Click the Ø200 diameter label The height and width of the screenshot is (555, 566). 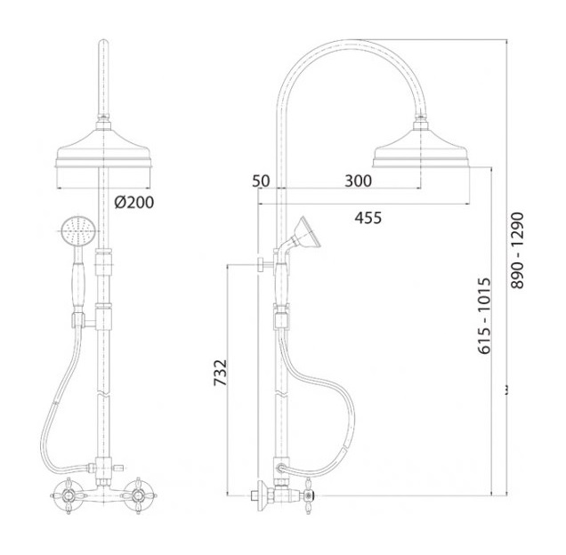[134, 203]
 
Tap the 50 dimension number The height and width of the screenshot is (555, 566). [261, 181]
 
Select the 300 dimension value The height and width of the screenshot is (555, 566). [358, 181]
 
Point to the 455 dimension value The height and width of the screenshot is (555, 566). [368, 218]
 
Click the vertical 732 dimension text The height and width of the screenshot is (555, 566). [220, 373]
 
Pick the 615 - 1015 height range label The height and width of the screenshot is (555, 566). [484, 316]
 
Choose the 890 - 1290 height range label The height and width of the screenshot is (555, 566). [517, 251]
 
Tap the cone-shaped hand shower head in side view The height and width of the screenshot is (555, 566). [307, 232]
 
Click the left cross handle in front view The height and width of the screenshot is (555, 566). [69, 495]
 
